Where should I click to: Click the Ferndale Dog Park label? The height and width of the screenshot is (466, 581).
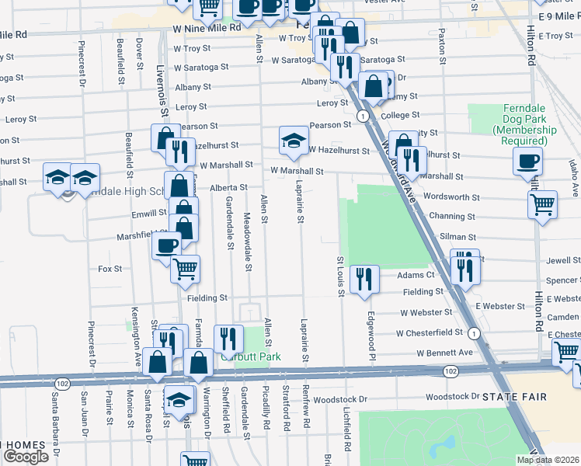tap(509, 123)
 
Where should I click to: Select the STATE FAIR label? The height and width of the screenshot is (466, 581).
tap(514, 397)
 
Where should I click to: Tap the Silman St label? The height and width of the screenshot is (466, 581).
tap(457, 235)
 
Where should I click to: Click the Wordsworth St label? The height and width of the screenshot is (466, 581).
tap(449, 197)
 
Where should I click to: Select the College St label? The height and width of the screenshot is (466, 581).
tap(400, 115)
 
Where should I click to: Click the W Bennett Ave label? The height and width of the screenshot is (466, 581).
tap(444, 353)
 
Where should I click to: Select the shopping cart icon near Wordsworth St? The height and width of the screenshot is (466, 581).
tap(542, 204)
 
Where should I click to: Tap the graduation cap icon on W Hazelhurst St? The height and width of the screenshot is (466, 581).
tap(293, 140)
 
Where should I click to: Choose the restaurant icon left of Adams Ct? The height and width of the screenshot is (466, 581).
tap(364, 278)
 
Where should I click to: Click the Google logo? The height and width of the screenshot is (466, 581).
tap(26, 457)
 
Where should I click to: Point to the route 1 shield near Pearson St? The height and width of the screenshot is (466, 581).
tap(362, 116)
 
